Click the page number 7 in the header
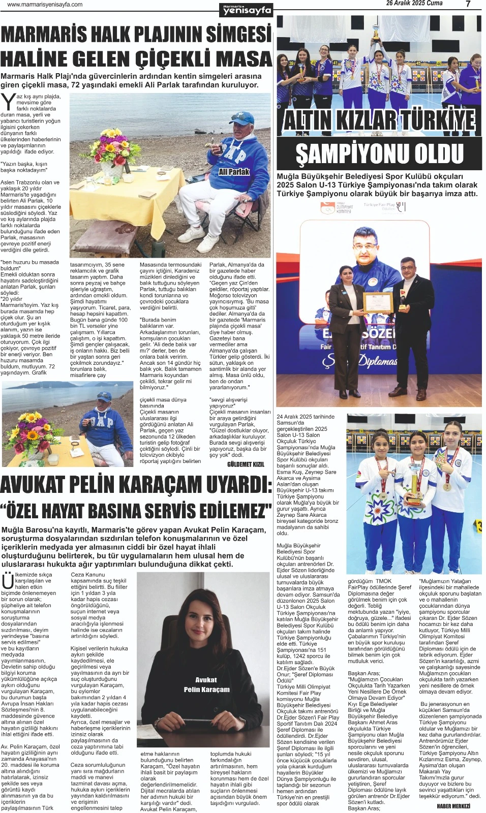coord(468,4)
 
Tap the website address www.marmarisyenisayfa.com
coord(45,5)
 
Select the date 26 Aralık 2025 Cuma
coord(414,4)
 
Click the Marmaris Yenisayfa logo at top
coord(247,10)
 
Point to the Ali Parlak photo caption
coord(234,172)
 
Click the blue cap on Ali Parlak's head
coord(241,118)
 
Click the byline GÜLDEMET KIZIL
coord(246,464)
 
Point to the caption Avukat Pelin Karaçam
coord(206,684)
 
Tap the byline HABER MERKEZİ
coord(453,806)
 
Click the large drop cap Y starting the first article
coord(8,102)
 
